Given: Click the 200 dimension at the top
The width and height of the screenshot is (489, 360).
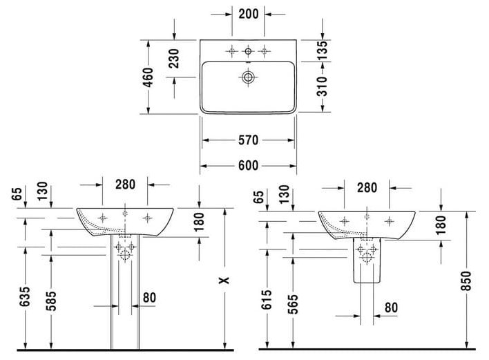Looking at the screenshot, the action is [249, 14].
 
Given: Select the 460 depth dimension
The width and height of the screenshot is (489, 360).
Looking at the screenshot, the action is [148, 77].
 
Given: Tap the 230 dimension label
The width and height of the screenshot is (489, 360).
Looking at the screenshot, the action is [174, 58].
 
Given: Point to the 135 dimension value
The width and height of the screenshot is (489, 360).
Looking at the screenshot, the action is [323, 50].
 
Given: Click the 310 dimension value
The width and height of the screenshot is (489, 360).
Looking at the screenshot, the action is [323, 86].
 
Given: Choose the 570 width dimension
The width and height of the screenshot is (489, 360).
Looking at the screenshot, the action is [249, 140].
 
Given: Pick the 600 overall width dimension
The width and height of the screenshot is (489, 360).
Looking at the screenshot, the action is [249, 166].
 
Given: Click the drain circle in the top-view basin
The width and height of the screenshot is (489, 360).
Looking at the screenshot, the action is [248, 77].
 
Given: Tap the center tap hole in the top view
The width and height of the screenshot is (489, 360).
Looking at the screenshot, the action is [248, 51].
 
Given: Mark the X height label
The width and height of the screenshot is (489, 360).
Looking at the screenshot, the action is [224, 280].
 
